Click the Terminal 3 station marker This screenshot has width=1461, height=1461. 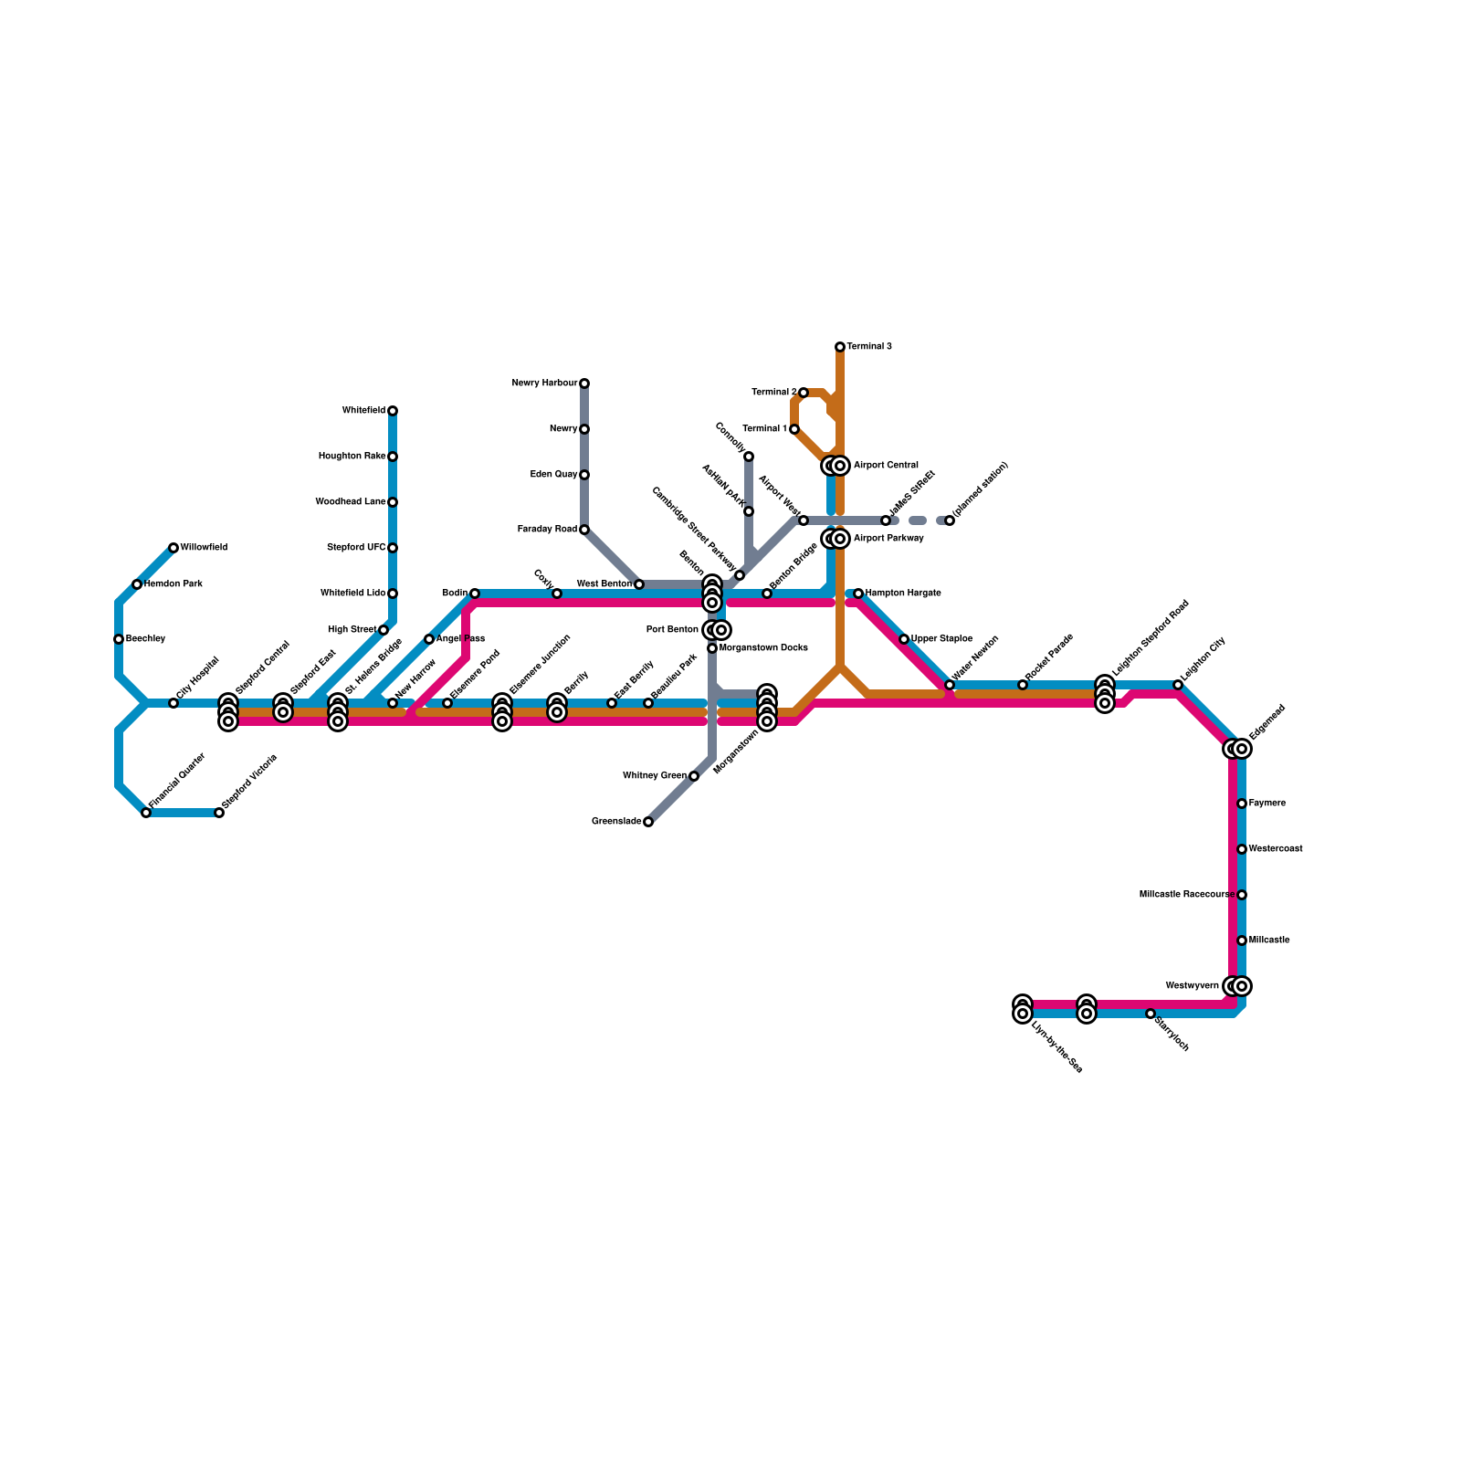click(x=840, y=347)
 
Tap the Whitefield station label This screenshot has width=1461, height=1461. click(x=363, y=411)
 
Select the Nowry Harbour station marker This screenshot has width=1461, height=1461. click(x=584, y=384)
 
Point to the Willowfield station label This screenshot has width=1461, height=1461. click(x=204, y=548)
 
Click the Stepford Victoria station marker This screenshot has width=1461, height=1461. click(x=219, y=813)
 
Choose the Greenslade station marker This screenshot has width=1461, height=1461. click(x=648, y=822)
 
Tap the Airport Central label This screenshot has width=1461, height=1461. click(x=886, y=466)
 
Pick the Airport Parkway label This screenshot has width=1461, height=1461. click(x=888, y=539)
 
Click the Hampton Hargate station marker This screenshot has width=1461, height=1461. click(x=858, y=594)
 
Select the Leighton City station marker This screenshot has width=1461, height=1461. click(x=1178, y=685)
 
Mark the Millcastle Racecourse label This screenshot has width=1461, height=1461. click(x=1186, y=895)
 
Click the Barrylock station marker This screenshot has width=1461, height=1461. click(x=1151, y=1014)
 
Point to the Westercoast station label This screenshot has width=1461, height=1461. click(x=1276, y=849)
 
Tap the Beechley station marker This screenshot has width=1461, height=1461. click(x=119, y=639)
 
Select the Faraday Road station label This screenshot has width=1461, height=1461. click(x=547, y=530)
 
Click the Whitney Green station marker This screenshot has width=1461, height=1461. click(x=694, y=776)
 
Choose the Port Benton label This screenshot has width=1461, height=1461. click(x=672, y=630)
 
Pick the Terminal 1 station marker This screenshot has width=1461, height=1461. click(x=794, y=429)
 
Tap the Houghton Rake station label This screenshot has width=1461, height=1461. click(x=352, y=457)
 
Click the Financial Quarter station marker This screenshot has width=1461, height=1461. click(x=146, y=813)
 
